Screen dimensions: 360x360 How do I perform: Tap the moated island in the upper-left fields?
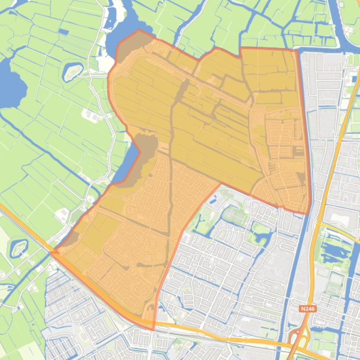point(73,71)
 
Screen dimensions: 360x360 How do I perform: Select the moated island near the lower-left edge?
point(19,247)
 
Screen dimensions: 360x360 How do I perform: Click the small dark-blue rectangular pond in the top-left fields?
point(63,32)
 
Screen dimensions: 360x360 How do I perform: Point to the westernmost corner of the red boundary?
point(51,252)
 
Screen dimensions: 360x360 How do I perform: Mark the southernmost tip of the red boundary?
point(154,329)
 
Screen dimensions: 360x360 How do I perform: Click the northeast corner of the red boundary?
point(297,50)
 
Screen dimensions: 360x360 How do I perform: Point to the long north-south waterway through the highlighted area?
point(171,154)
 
